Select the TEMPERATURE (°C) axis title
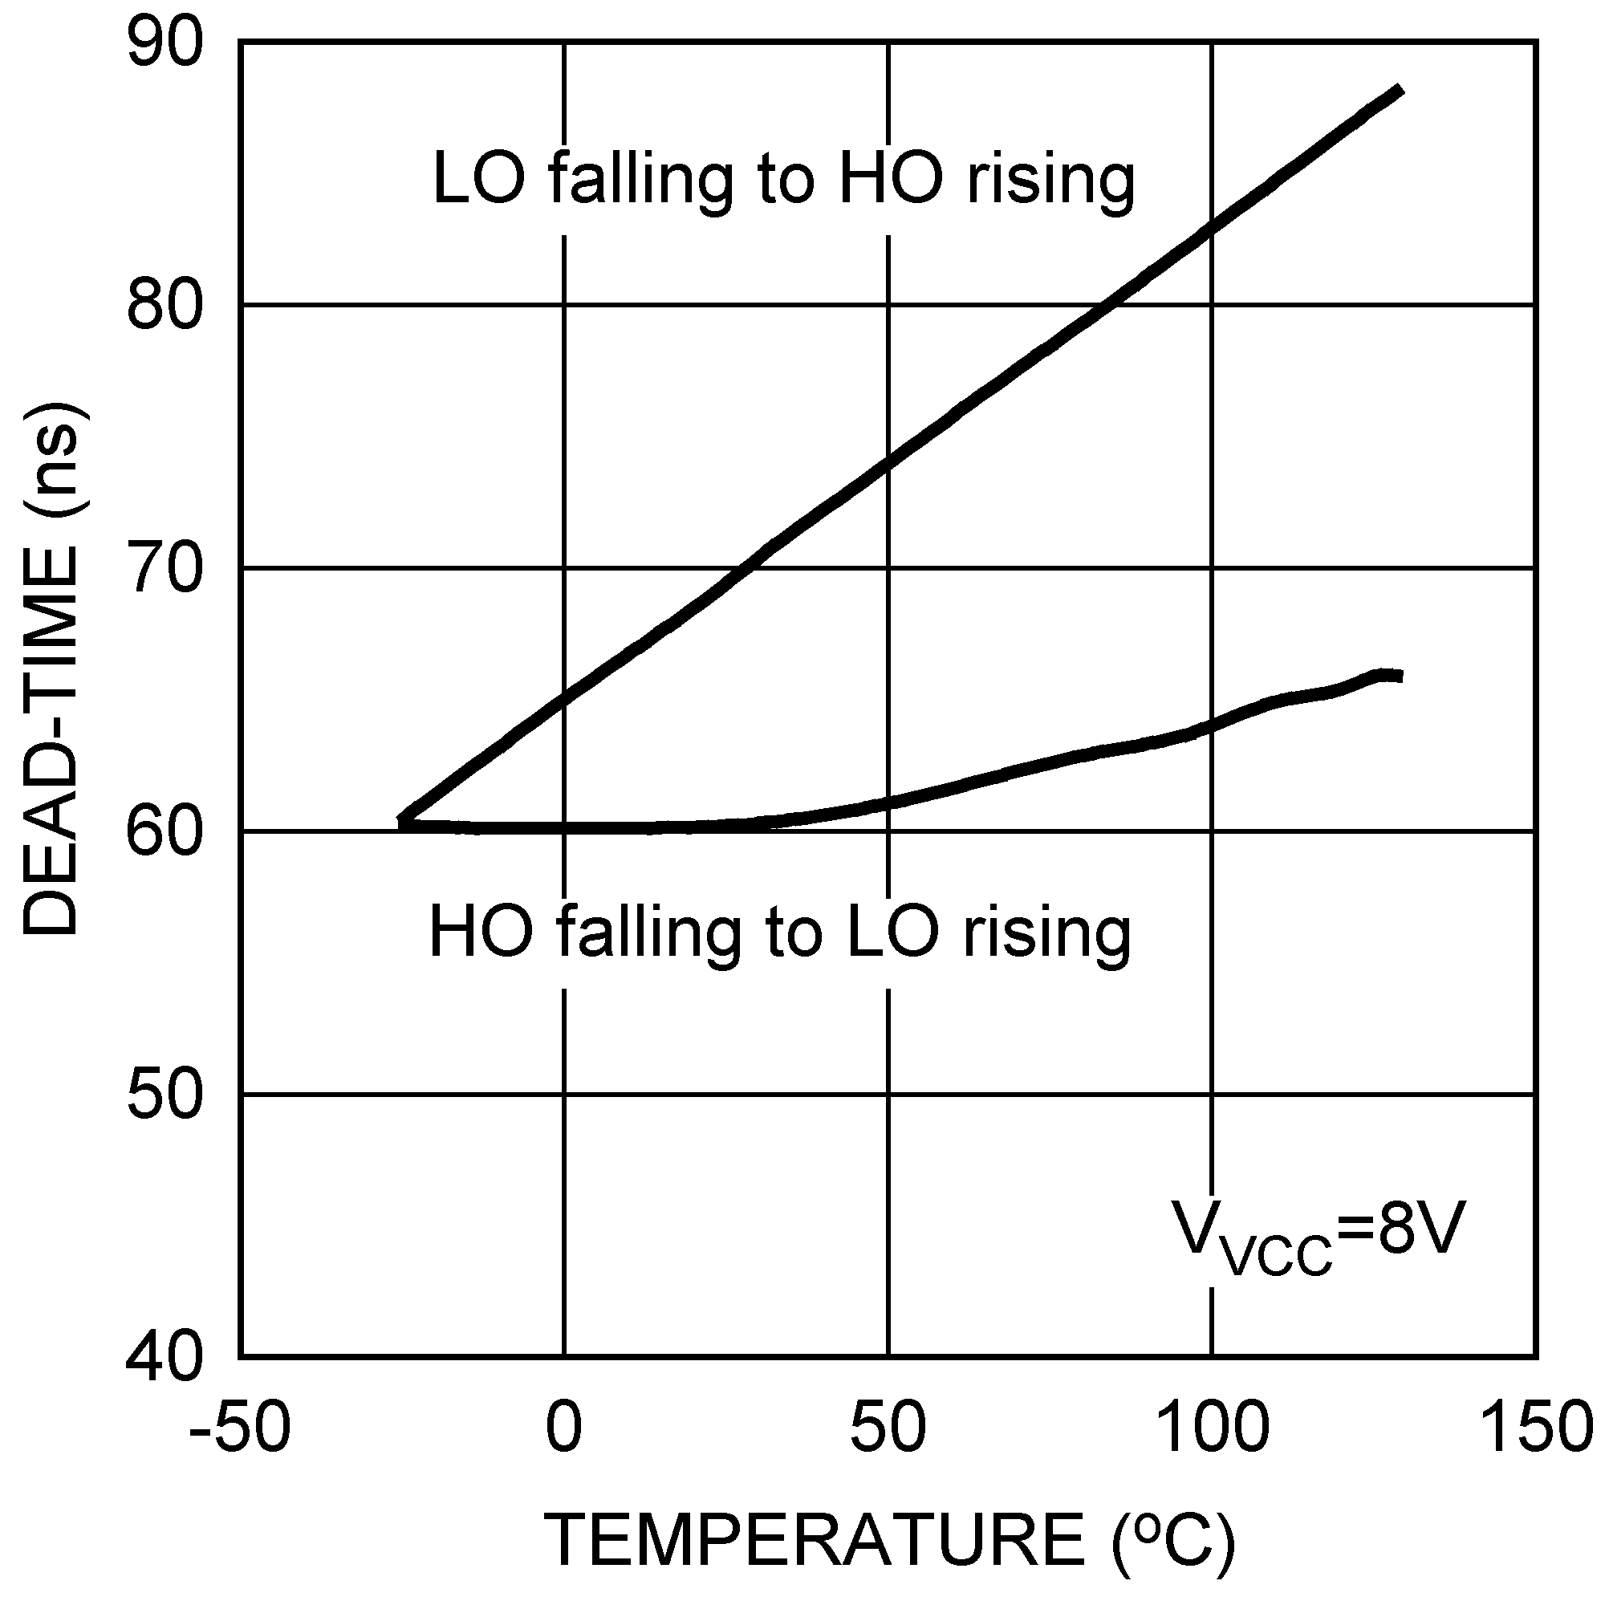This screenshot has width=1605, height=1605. [889, 1538]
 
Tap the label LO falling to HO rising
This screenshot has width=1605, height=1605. [783, 180]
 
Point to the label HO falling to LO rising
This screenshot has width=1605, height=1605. [779, 932]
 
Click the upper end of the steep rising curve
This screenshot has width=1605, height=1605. [1400, 90]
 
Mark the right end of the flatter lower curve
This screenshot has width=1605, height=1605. [1400, 677]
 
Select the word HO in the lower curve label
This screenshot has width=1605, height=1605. [480, 932]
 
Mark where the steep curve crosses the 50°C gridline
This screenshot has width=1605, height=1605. [889, 463]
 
